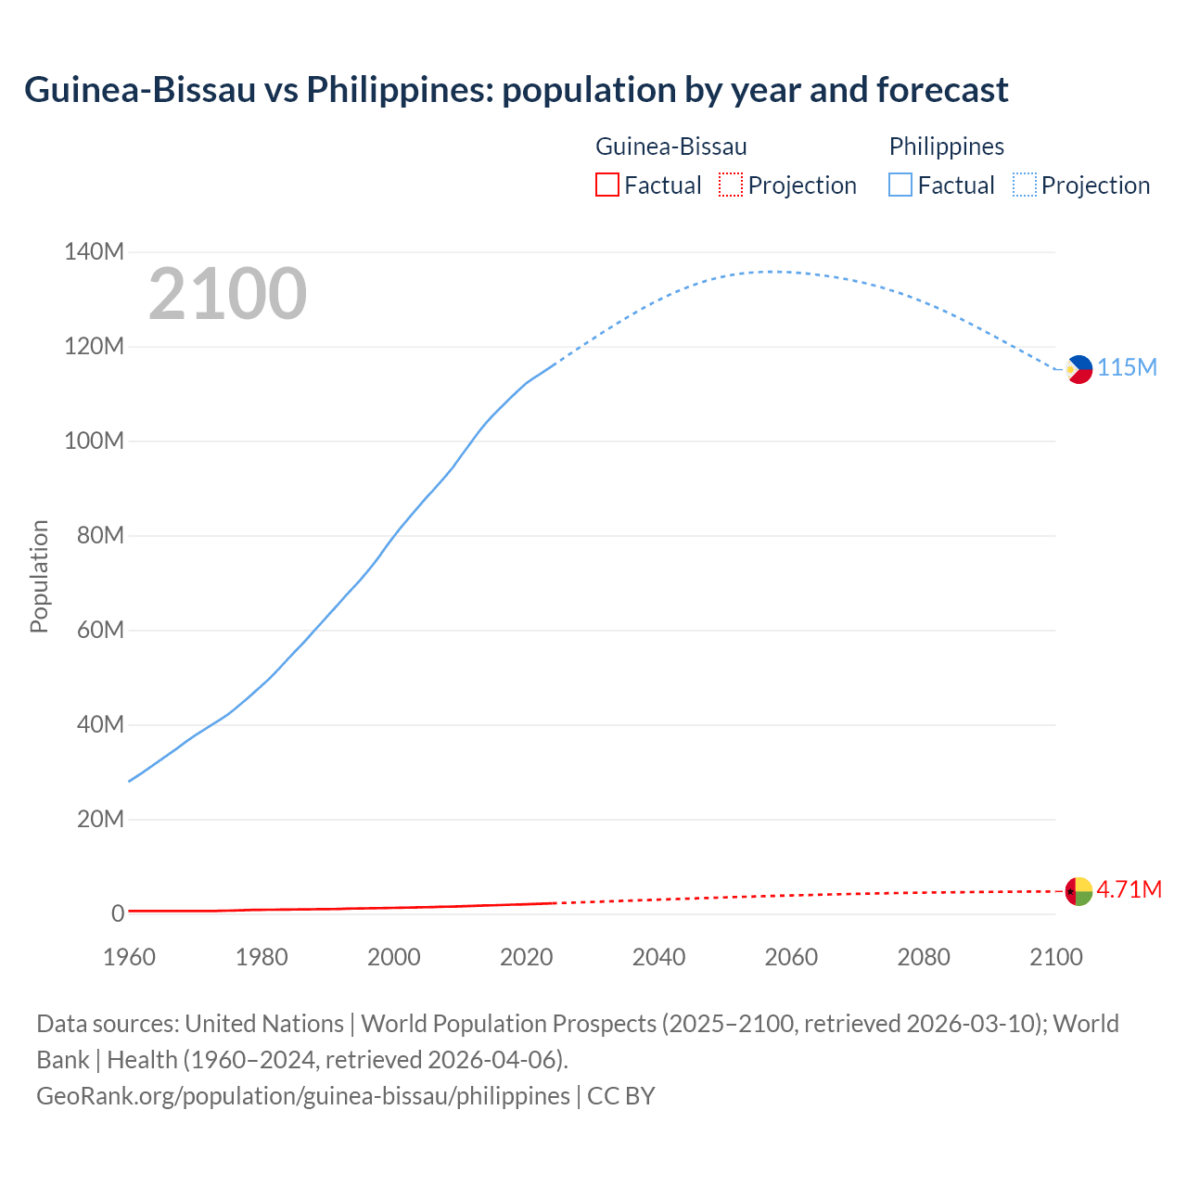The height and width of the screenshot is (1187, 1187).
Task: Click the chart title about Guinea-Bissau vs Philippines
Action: point(516,90)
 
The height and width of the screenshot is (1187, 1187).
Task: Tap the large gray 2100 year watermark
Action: point(227,294)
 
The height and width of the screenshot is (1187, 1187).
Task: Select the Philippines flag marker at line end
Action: point(1079,369)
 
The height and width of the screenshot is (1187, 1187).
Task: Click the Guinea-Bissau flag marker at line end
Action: point(1079,891)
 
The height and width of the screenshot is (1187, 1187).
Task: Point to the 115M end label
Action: point(1128,368)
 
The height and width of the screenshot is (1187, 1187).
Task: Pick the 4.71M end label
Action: point(1130,890)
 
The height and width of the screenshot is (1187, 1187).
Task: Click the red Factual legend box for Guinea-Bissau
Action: point(606,185)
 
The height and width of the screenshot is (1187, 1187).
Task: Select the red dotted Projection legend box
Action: point(731,185)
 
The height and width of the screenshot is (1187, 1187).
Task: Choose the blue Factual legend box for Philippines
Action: point(900,185)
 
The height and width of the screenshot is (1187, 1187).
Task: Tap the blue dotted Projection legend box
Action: point(1024,185)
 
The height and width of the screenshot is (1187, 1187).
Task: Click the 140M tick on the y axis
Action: point(94,252)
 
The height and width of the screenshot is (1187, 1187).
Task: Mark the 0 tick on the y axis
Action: point(118,914)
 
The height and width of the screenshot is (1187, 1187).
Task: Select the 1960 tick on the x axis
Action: point(129,957)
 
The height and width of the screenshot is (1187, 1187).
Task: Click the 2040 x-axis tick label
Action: point(658,957)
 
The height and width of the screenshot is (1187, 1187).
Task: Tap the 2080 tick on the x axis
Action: point(924,957)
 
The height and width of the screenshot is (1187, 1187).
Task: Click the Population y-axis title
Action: point(39,577)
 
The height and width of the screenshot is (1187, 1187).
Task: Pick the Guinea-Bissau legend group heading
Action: point(670,147)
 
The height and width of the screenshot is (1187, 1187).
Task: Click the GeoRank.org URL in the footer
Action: point(303,1096)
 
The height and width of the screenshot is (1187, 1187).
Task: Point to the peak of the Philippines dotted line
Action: point(772,272)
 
